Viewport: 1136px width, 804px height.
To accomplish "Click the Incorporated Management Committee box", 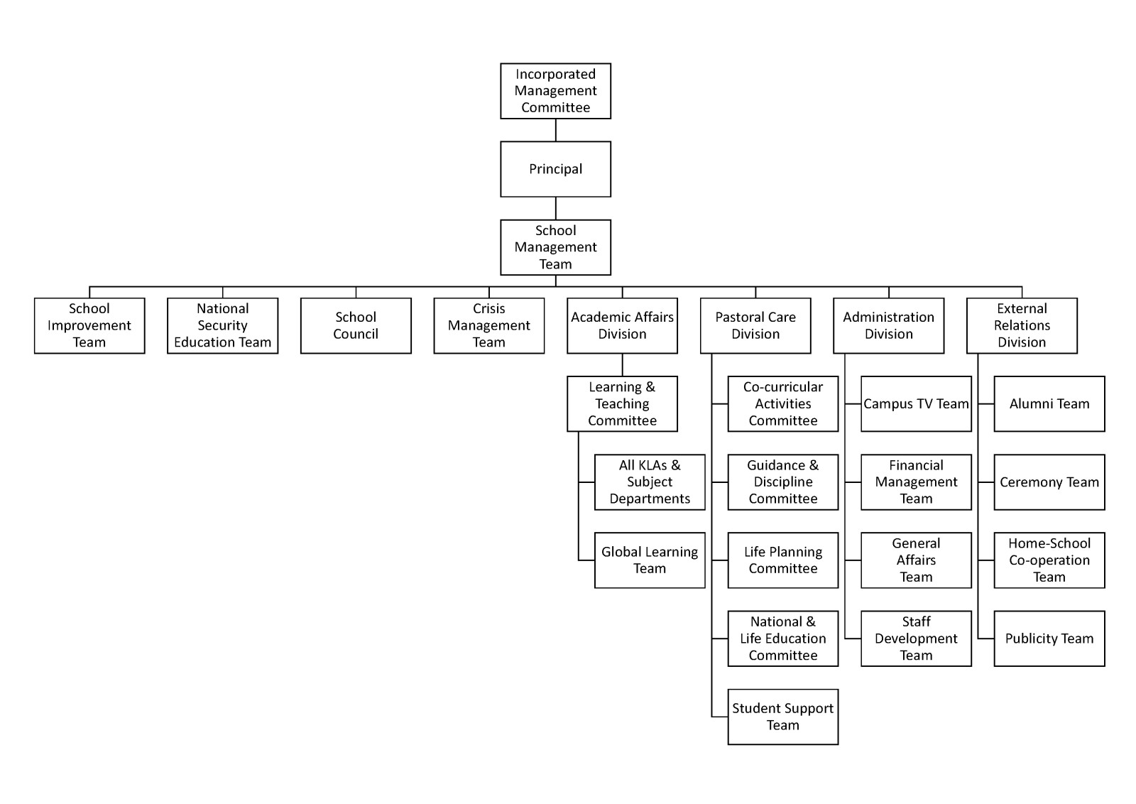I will [555, 91].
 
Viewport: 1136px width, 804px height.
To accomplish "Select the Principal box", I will [555, 169].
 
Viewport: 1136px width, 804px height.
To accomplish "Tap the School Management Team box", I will [555, 247].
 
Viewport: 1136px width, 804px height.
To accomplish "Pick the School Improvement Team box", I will [89, 325].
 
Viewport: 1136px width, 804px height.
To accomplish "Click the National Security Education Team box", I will [222, 325].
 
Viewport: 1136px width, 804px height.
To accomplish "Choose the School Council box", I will [356, 325].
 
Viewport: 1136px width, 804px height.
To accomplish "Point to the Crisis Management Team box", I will [489, 325].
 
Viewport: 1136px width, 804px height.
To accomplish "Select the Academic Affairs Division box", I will [622, 325].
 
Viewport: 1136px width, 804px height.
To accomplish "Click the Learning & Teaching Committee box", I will [622, 403].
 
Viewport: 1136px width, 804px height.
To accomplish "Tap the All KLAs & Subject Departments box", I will [650, 482].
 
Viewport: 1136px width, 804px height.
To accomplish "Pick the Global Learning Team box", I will [650, 560].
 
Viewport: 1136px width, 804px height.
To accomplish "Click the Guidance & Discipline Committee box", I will [783, 482].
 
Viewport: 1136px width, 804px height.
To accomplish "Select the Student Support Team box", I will [783, 717].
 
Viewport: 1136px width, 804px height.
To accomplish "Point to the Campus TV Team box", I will [916, 403].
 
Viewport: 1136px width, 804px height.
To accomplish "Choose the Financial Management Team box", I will [916, 482].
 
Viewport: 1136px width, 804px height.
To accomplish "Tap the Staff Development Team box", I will [916, 639].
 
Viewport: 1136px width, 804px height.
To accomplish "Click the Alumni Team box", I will [1049, 403].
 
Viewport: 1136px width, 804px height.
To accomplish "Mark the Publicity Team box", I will [1049, 639].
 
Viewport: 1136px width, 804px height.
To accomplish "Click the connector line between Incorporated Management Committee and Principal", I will [556, 130].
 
